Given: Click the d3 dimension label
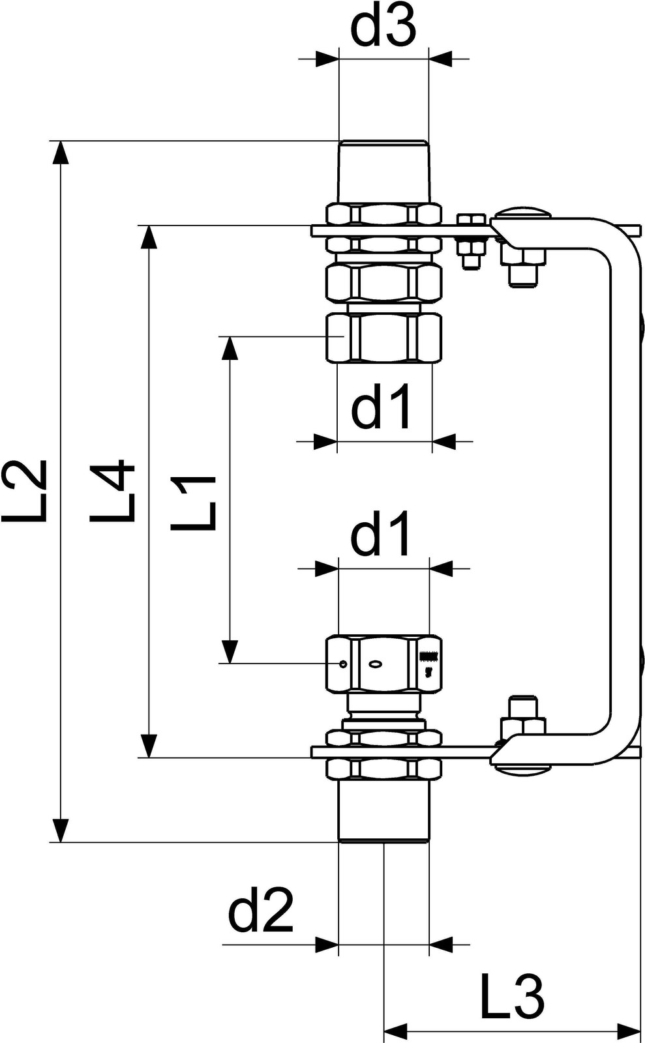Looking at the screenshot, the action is (382, 28).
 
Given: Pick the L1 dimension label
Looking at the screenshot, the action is (193, 503).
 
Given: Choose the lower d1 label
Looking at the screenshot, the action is (382, 534).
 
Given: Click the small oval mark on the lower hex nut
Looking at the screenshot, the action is (376, 664).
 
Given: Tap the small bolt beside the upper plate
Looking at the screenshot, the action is (471, 241).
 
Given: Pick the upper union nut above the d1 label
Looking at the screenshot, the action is (383, 338).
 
